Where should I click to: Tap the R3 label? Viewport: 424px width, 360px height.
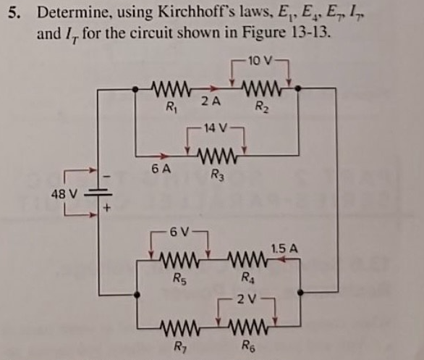(216, 174)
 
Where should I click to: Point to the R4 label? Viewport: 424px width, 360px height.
(249, 274)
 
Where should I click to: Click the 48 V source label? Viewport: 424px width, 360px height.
(64, 193)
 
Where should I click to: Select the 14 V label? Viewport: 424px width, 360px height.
(216, 129)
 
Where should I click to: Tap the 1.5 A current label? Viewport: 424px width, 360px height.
(284, 249)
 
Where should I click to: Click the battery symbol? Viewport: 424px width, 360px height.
(103, 194)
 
